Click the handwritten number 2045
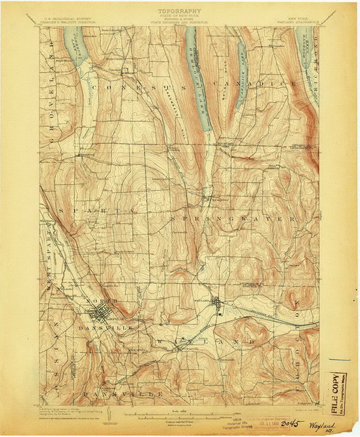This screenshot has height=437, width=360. [x=292, y=425]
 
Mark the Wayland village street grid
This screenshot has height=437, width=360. [x=220, y=306]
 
